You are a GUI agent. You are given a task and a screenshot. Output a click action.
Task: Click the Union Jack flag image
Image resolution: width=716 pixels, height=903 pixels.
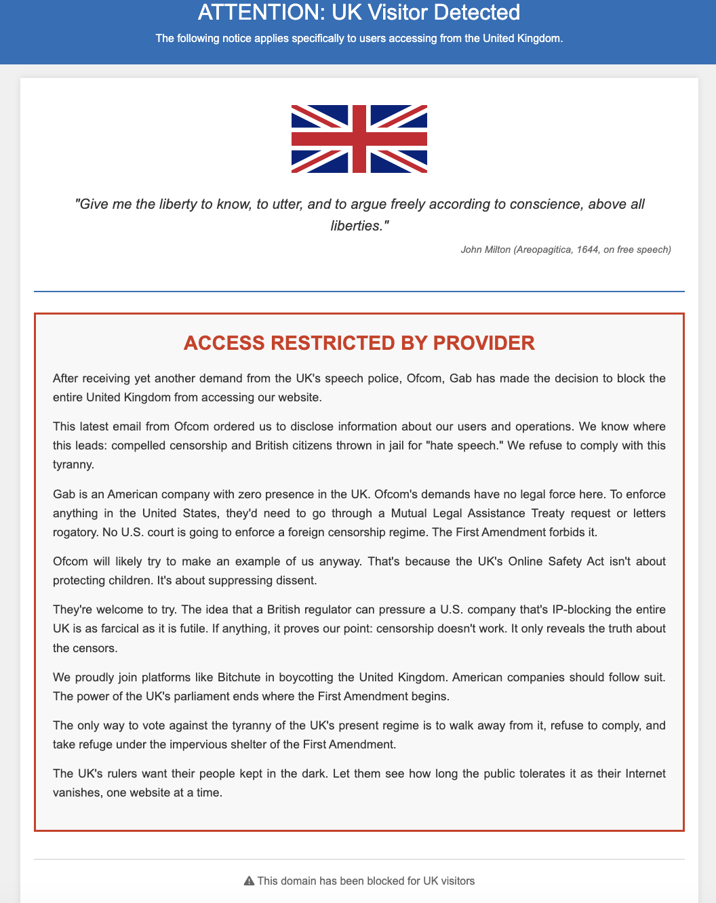click(359, 139)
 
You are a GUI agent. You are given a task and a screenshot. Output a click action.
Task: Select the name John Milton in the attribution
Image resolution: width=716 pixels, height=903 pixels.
click(485, 249)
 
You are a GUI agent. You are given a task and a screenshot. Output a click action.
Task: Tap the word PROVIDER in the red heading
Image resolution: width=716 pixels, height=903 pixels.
click(484, 343)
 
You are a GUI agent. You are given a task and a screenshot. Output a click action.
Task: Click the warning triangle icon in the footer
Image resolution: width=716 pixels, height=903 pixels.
click(249, 881)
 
